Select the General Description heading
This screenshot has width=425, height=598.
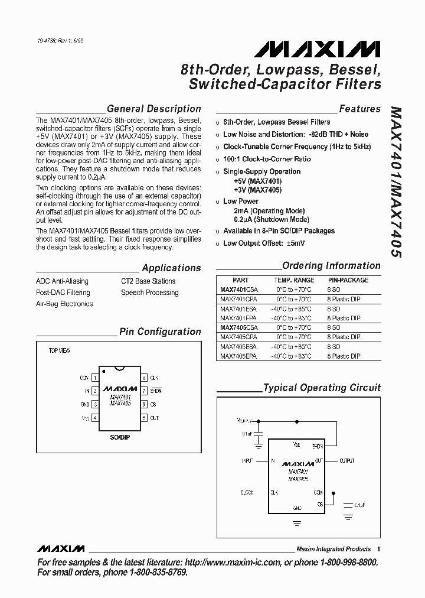pos(153,109)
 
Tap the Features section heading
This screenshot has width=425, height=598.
pos(359,109)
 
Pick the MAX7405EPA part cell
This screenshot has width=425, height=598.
pos(239,357)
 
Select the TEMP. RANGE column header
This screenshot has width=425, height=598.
pos(294,280)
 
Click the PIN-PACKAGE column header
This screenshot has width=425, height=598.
pos(348,280)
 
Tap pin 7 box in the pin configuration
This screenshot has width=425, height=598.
pos(143,391)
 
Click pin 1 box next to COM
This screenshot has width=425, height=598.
pos(94,377)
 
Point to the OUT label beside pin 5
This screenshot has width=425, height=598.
pos(155,418)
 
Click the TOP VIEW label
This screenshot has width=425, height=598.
pos(59,351)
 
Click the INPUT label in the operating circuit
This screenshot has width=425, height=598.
pos(247,460)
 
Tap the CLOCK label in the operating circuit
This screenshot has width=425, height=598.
pos(247,492)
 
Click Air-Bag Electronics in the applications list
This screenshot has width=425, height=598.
pos(64,304)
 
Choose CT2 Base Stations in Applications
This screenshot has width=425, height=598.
pos(148,281)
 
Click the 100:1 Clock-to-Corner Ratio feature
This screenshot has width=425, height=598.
pos(267,159)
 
